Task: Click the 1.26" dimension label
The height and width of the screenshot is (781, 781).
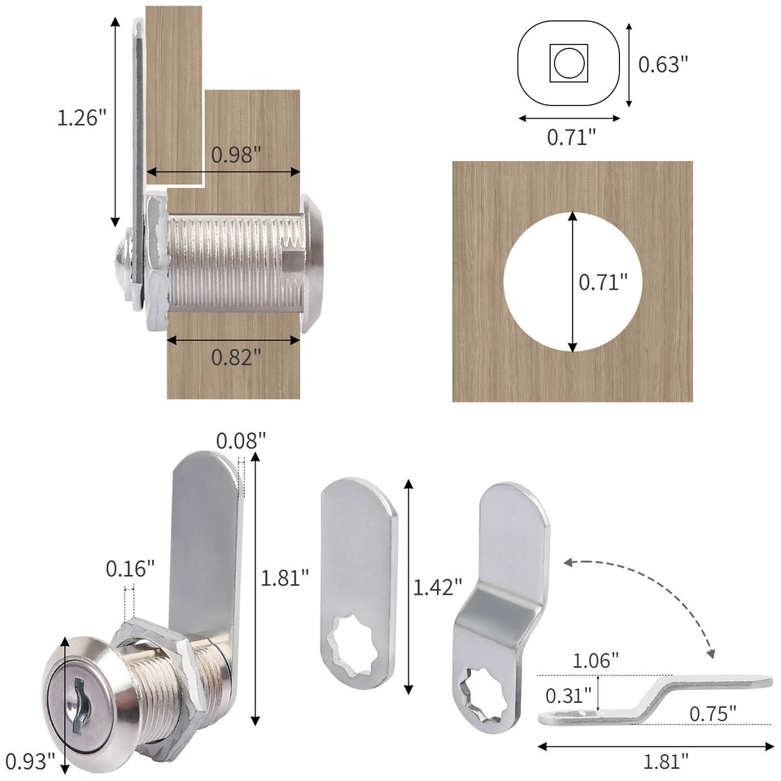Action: (82, 117)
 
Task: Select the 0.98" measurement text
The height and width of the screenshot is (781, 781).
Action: (236, 155)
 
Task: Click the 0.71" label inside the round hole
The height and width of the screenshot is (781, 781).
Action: (603, 282)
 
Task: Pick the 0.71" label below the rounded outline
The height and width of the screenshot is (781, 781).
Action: (571, 137)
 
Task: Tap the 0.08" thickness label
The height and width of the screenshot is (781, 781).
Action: (241, 441)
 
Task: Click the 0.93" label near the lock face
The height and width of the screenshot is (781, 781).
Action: (30, 761)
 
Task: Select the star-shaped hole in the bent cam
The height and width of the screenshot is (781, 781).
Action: (484, 692)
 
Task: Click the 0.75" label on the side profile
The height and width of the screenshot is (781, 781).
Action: (712, 713)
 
